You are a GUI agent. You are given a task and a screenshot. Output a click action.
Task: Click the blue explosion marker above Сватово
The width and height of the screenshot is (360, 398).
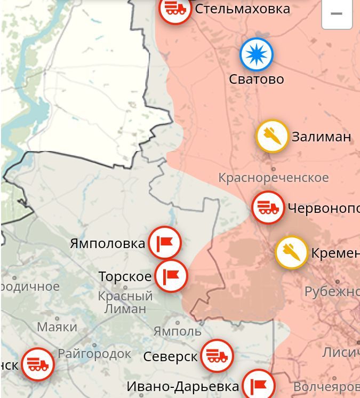coord(256,54)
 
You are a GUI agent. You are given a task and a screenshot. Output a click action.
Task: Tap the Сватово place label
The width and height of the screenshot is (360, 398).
coord(256,79)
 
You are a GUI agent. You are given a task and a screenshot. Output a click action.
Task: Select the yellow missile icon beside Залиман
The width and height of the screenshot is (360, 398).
coord(272,136)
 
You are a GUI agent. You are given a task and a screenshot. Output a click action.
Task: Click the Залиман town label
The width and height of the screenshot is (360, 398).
coord(321,137)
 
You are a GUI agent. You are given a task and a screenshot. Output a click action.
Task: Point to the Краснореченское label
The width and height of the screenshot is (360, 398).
coord(273,178)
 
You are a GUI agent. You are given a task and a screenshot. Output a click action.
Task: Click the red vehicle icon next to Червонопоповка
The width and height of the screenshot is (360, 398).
coord(268,208)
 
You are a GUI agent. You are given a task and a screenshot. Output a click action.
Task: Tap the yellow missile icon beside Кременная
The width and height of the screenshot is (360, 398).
coord(291,252)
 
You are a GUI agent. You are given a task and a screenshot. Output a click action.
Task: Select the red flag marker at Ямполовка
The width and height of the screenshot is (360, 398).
coord(165,243)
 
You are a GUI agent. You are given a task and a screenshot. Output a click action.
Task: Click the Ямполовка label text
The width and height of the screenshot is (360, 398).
coord(107,244)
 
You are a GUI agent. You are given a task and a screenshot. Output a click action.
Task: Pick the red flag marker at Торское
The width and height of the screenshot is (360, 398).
coord(171,276)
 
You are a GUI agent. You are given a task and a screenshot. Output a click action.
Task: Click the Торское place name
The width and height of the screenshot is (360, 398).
coord(125,277)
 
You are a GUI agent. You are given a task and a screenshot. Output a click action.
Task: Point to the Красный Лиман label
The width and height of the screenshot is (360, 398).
coord(125,302)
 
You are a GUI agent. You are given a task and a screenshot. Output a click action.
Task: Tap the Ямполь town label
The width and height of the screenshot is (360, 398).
coord(177,331)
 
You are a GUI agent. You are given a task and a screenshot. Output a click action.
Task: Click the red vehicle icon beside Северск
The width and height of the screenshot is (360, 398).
coord(217,356)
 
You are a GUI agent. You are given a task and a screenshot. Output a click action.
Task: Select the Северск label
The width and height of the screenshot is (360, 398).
coord(170,357)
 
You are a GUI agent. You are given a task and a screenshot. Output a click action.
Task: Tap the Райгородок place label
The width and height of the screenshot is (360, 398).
coord(94,354)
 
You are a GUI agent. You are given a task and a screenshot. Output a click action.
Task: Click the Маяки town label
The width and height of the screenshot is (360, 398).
coord(57,327)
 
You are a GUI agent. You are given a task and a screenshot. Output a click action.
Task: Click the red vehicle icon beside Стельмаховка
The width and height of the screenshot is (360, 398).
coord(175,9)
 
